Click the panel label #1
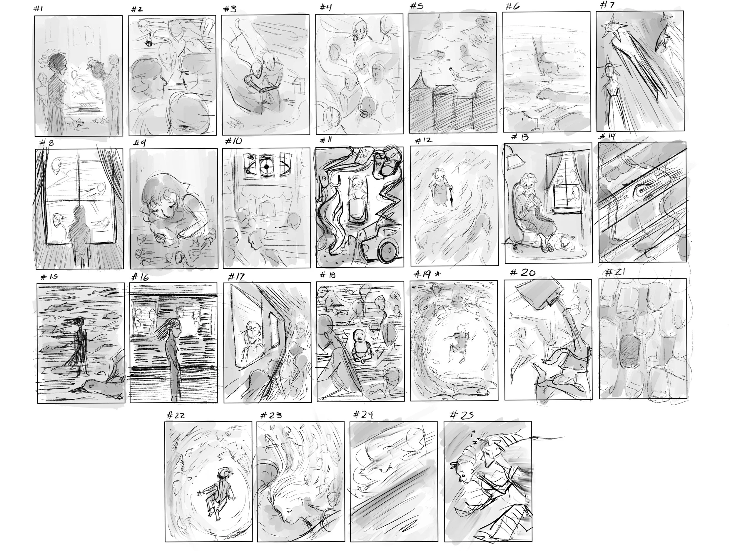click(x=38, y=9)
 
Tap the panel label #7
click(x=607, y=5)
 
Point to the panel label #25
click(x=462, y=415)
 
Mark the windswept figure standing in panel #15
click(x=80, y=345)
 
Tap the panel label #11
click(x=326, y=140)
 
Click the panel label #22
click(x=176, y=415)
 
